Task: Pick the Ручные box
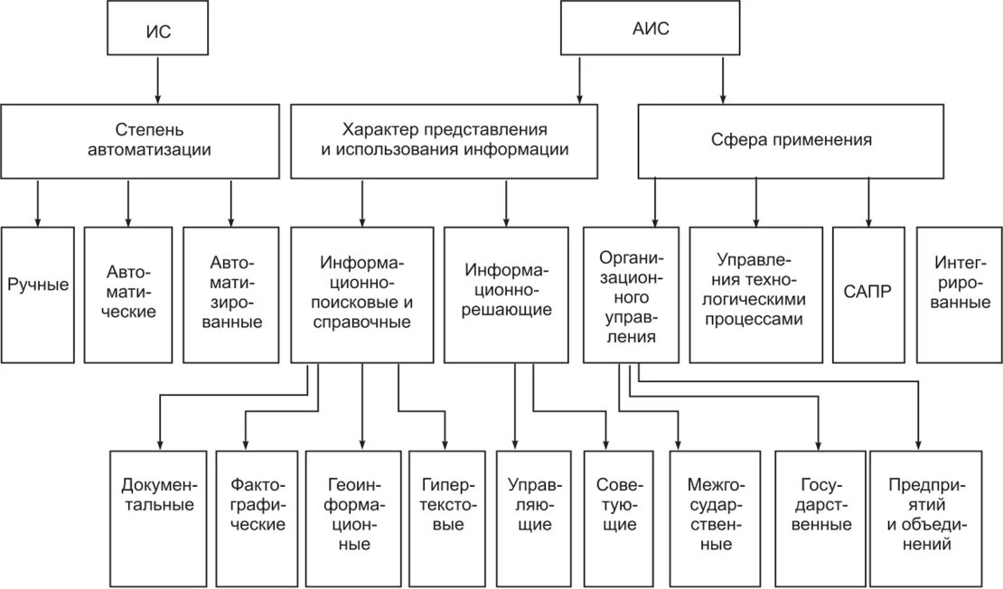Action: [38, 294]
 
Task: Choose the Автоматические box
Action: [127, 294]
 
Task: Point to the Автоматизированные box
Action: [231, 294]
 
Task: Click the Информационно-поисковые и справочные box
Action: [361, 294]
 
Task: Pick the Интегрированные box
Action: [959, 294]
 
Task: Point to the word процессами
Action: [755, 320]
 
